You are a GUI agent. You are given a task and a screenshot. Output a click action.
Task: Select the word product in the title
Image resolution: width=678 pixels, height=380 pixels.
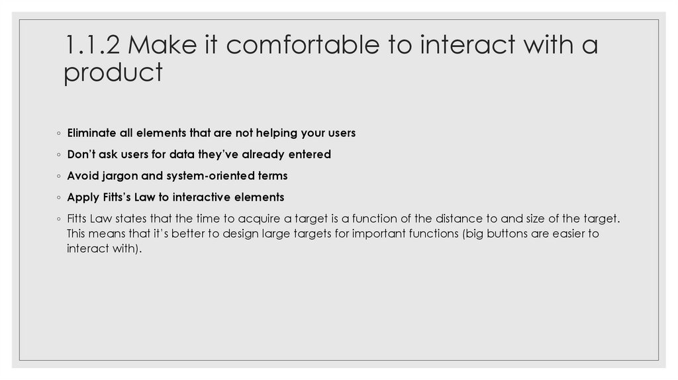tap(113, 73)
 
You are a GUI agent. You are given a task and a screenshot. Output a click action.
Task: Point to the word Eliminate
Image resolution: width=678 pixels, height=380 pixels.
tap(92, 133)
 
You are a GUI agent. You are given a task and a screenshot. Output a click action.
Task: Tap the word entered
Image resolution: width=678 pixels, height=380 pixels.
tap(309, 154)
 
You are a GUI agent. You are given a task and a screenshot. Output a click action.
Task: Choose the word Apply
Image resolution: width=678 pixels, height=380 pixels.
tap(81, 197)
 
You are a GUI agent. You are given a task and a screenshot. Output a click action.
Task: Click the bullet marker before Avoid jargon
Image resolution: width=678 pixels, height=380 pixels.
tap(59, 177)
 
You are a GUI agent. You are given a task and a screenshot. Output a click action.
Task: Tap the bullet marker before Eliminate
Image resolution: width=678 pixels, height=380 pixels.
tap(59, 134)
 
